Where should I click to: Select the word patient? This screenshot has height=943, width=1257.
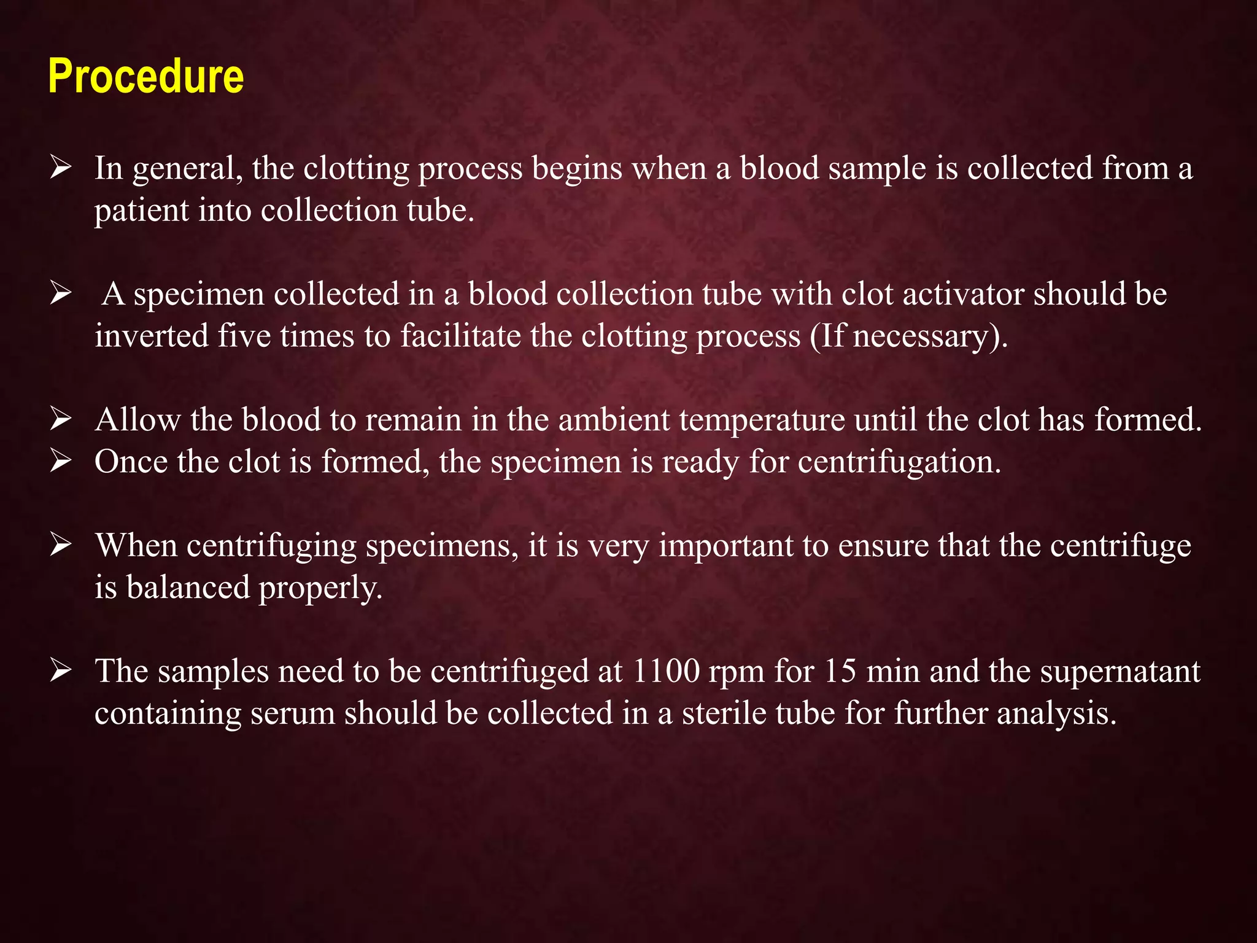pyautogui.click(x=142, y=211)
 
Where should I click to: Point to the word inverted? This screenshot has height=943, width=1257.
pyautogui.click(x=152, y=336)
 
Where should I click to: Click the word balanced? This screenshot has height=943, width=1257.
pyautogui.click(x=188, y=588)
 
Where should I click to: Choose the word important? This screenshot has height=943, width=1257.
pyautogui.click(x=727, y=546)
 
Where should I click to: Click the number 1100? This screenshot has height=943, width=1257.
pyautogui.click(x=665, y=671)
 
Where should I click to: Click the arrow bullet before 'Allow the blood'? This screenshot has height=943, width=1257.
pyautogui.click(x=61, y=420)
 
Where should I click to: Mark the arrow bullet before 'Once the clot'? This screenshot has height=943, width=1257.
pyautogui.click(x=61, y=462)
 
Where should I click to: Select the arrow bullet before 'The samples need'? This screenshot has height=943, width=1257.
pyautogui.click(x=61, y=671)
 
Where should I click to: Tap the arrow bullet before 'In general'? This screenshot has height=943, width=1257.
pyautogui.click(x=61, y=168)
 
